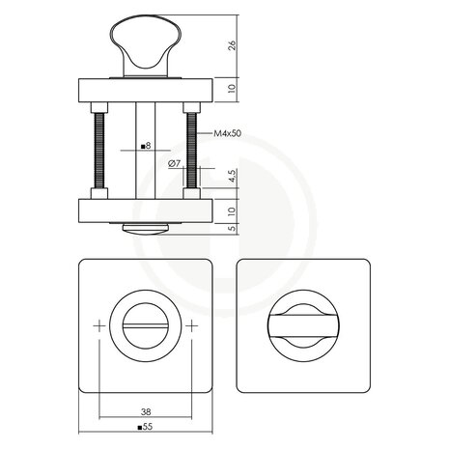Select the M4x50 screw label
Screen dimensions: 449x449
tap(226, 139)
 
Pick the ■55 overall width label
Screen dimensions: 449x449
tap(145, 426)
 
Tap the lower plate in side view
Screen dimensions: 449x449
tap(145, 210)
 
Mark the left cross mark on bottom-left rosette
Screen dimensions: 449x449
tap(98, 327)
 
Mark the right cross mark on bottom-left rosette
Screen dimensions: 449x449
tap(192, 327)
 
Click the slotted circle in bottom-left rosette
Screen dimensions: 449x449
tap(145, 327)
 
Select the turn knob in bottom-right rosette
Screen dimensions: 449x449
tap(303, 326)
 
